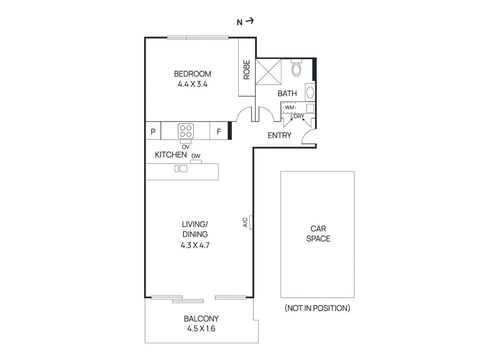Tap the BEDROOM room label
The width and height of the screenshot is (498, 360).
(193, 74)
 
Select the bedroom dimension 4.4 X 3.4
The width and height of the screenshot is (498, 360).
(193, 84)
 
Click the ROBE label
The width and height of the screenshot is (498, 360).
(247, 70)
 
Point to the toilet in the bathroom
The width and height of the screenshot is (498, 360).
(296, 68)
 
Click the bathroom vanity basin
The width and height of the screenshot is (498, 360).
(310, 92)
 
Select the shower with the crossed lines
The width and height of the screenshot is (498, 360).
(268, 72)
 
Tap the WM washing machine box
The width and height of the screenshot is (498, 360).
(289, 108)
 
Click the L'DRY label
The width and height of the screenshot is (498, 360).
(297, 116)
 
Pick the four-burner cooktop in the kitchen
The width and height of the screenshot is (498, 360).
(186, 131)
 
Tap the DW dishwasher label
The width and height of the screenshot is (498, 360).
(196, 156)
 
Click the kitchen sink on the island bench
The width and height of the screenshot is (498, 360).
(181, 169)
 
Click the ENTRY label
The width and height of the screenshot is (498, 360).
(280, 135)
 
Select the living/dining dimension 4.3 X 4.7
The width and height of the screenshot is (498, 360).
(195, 245)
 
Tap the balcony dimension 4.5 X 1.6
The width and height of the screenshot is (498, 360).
(201, 329)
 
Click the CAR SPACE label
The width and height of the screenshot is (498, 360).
(318, 234)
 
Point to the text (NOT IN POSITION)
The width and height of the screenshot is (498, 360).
(317, 308)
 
